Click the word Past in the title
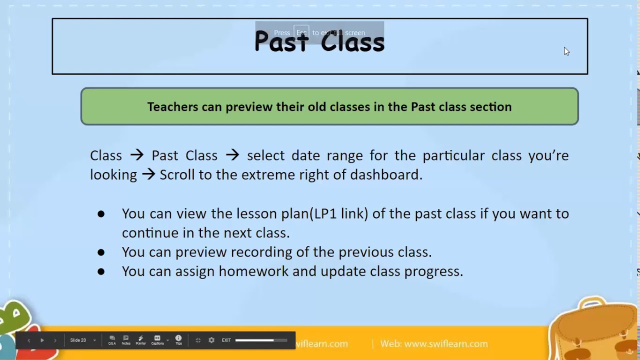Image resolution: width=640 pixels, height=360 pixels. pyautogui.click(x=280, y=41)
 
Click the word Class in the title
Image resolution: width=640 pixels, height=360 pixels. pyautogui.click(x=352, y=41)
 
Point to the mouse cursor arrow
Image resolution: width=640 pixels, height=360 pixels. pyautogui.click(x=566, y=51)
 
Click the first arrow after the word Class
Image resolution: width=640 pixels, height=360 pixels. pyautogui.click(x=136, y=155)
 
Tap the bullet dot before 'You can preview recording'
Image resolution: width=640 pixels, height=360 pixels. pyautogui.click(x=101, y=252)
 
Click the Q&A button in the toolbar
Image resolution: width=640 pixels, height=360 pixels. pyautogui.click(x=112, y=340)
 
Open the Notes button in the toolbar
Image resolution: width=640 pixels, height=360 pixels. pyautogui.click(x=126, y=340)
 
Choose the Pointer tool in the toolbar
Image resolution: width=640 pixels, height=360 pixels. pyautogui.click(x=140, y=340)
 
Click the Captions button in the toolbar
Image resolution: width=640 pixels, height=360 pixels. pyautogui.click(x=157, y=340)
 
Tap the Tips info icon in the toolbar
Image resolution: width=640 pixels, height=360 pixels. pyautogui.click(x=178, y=339)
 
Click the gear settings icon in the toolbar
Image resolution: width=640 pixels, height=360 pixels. pyautogui.click(x=211, y=340)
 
